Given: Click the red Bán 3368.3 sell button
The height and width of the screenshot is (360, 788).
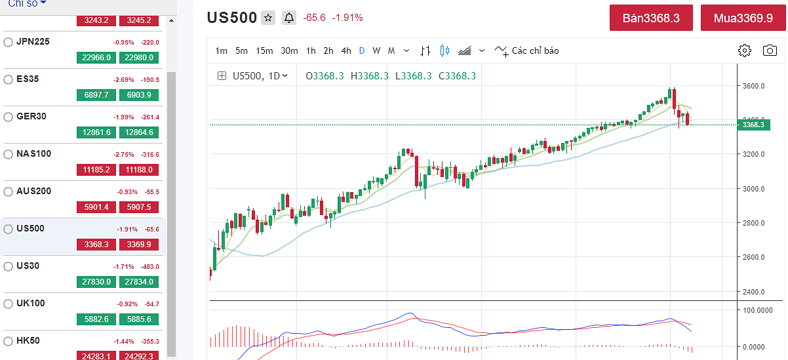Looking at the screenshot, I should point(651,18).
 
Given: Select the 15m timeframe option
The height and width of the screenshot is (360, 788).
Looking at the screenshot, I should point(264,50).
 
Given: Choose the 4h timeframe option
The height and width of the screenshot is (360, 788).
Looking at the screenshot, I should point(345,50).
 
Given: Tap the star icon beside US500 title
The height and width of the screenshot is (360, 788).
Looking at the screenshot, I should point(268,18).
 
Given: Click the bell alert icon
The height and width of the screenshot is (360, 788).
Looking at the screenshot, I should point(289,18).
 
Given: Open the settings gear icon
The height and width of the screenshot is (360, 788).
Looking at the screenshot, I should point(744,50).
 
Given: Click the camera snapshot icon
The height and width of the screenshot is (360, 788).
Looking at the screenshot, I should point(770,50).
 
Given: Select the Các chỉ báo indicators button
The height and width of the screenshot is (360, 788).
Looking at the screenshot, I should point(527,50).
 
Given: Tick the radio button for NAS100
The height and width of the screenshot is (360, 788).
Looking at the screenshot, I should point(9,154).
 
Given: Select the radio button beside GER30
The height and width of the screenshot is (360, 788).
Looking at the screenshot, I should point(9,117).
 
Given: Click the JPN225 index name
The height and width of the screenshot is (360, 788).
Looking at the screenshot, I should point(33,41).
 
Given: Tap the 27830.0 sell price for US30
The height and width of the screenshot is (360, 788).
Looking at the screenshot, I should point(96,281).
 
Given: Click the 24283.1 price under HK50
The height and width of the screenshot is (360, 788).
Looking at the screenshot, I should point(96,356).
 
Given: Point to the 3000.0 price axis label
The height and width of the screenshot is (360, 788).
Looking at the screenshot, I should point(753,189).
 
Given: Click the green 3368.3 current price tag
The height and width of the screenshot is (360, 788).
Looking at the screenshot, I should point(753,125).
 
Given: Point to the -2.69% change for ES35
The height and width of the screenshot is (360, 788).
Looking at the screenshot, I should point(123,79).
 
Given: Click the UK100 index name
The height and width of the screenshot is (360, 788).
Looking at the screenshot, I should point(31,303).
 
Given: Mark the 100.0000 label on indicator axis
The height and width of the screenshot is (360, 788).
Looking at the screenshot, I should point(758,310).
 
